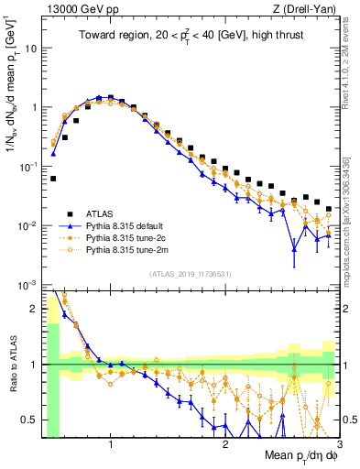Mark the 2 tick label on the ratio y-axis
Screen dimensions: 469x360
coord(35,308)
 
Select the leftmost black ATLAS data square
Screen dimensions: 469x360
coord(54,179)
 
